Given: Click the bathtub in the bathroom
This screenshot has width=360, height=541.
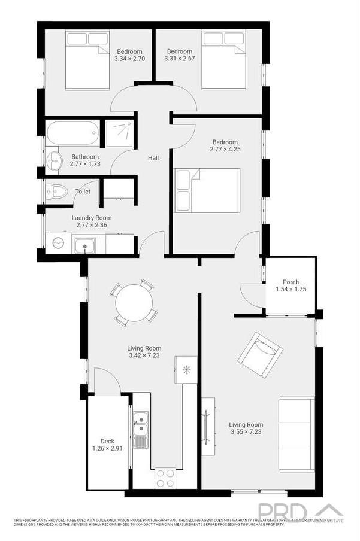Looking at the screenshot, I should point(72,133).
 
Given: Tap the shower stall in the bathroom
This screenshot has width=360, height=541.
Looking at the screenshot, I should point(120,133).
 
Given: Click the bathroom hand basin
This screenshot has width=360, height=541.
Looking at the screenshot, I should point(55,160).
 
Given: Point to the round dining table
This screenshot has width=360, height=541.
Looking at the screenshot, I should point(134,303).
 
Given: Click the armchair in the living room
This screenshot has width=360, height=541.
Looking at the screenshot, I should point(260,354).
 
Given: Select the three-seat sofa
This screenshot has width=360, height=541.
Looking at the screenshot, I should point(296,434).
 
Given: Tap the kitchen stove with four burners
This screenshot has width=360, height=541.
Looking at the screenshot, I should point(165,478).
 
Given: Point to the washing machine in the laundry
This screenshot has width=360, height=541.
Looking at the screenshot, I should point(59,243).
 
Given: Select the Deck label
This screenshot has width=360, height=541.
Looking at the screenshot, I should point(107,440).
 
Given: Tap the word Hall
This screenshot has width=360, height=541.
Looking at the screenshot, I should point(153,158).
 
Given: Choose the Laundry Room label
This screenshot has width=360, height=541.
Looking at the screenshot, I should point(91,218).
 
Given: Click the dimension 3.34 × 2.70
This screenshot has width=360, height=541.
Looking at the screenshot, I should point(130,59).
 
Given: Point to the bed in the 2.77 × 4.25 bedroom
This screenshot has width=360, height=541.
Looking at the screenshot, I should point(207,190).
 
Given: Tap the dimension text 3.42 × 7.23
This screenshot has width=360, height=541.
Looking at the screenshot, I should point(144,355).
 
